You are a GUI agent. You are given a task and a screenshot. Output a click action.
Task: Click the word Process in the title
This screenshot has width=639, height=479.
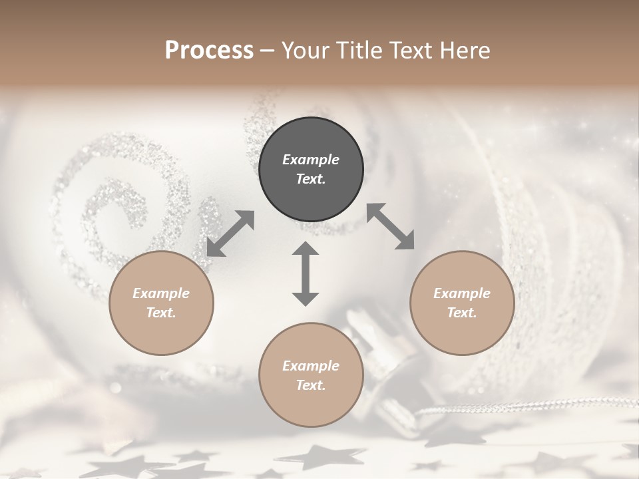(209, 51)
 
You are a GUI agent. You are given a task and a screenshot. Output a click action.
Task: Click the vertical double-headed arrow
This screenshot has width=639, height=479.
(306, 274)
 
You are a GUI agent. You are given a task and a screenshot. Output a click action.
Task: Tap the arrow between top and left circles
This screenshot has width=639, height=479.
(230, 234)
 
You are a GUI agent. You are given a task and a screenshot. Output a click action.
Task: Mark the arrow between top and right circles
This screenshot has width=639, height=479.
(390, 226)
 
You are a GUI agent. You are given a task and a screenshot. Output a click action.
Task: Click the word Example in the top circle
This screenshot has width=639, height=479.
(311, 160)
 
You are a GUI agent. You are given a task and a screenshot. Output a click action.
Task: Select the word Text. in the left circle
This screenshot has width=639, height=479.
(161, 313)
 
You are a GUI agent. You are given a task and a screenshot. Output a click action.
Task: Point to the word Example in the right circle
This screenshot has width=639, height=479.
(462, 293)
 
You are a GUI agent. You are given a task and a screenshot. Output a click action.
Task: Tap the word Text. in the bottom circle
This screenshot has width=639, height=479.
(311, 385)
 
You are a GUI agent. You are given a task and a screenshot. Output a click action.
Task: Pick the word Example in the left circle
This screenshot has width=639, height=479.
(161, 293)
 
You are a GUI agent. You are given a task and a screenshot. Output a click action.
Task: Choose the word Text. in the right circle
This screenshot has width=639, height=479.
(462, 313)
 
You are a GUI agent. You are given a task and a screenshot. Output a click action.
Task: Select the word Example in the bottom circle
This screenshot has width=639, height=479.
(311, 366)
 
